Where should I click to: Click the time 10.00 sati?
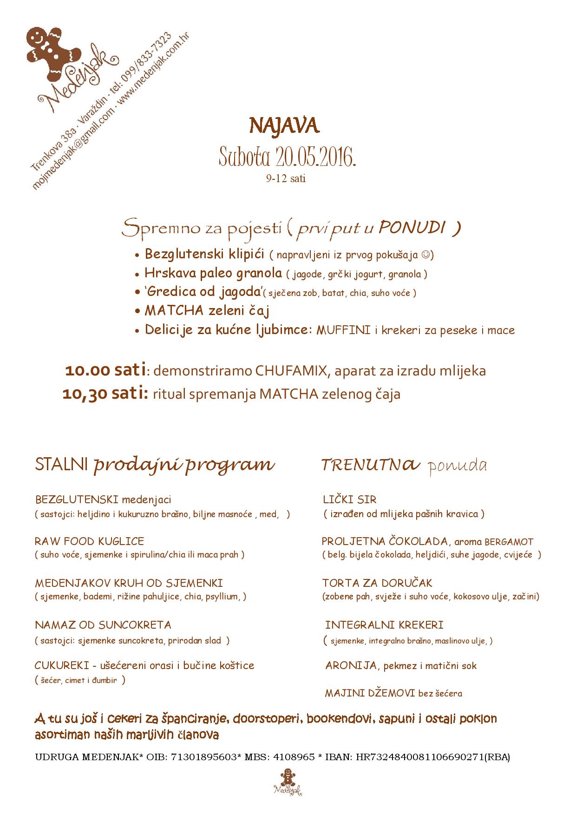105,371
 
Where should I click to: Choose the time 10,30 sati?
105,394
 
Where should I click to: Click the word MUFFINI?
343,331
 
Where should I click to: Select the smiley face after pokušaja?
425,255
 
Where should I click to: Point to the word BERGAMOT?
509,542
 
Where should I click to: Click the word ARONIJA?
351,666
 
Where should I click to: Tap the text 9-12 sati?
286,179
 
